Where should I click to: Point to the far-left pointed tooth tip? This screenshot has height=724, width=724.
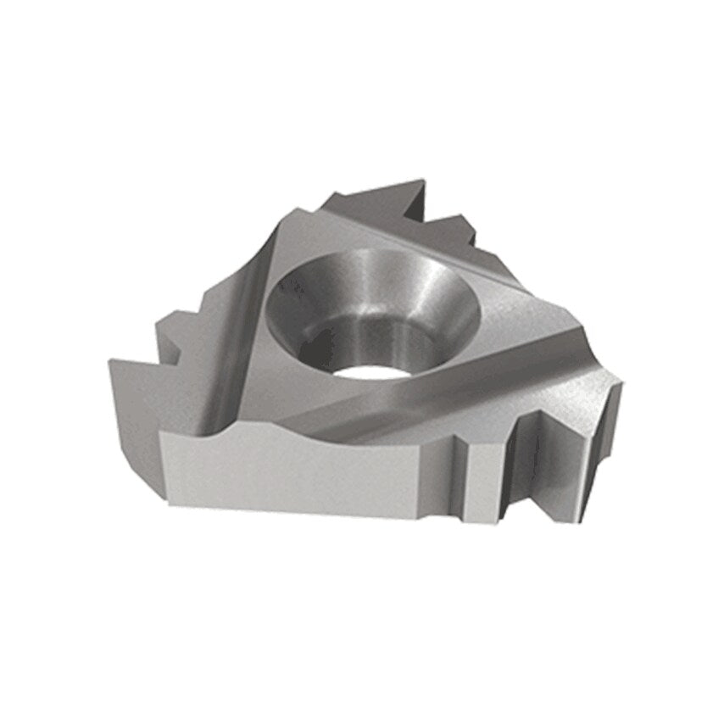pyautogui.click(x=111, y=363)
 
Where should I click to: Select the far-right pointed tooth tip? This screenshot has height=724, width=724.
pyautogui.click(x=621, y=383)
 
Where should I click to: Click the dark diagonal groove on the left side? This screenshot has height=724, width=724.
pyautogui.click(x=233, y=339)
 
